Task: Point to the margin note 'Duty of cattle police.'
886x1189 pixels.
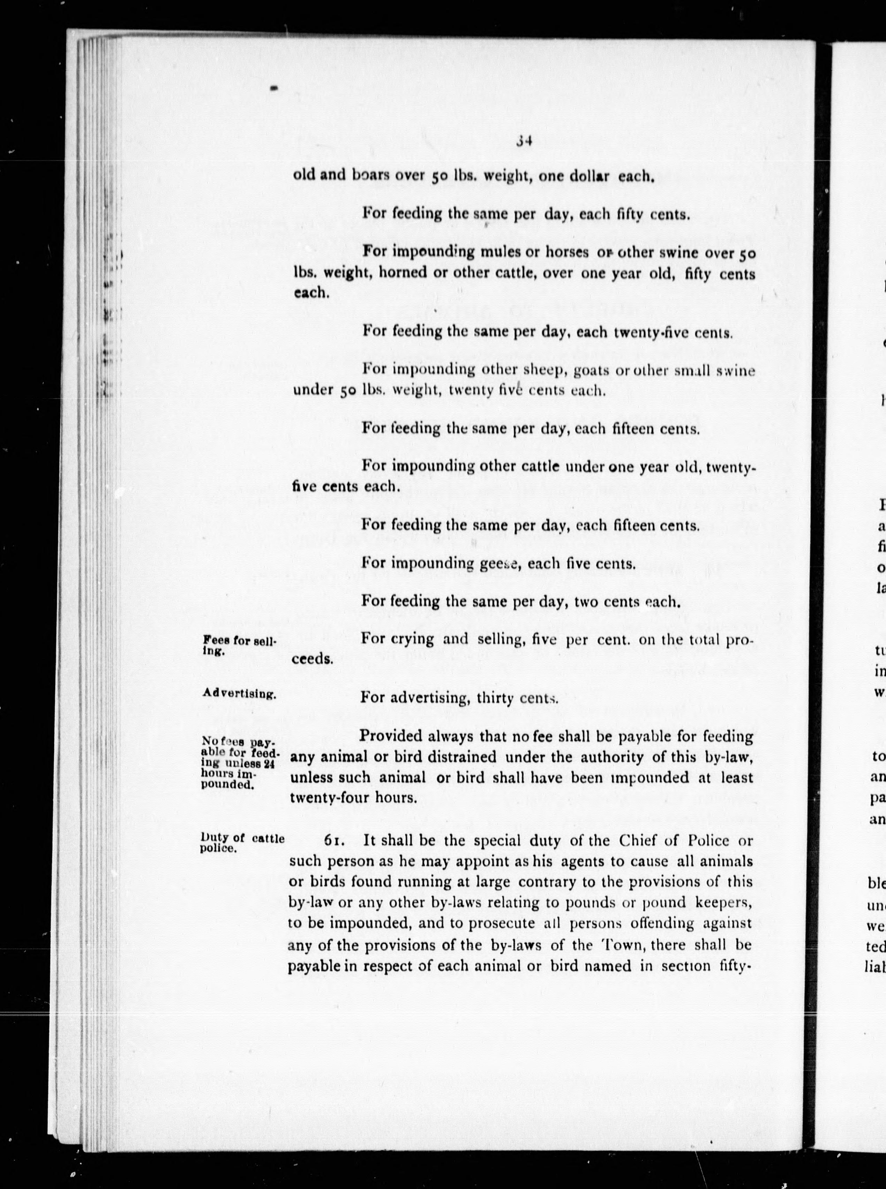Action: [x=241, y=843]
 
